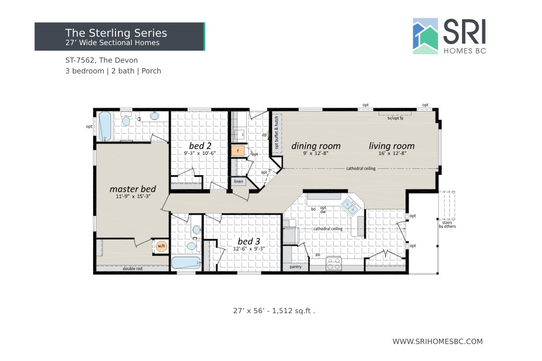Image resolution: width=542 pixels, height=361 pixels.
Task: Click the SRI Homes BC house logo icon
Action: [425, 36]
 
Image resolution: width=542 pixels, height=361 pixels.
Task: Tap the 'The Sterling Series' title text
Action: [116, 33]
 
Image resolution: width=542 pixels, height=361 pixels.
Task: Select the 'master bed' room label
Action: [133, 189]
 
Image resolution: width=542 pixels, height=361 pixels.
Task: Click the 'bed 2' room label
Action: [200, 146]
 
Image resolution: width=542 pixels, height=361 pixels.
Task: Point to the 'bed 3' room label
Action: [248, 241]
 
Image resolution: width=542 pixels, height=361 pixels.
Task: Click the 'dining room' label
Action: [316, 146]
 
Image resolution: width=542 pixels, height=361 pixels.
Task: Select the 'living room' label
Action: [392, 146]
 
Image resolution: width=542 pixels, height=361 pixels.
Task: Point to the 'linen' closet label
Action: [238, 181]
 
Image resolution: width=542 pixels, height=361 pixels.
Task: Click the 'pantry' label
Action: [295, 267]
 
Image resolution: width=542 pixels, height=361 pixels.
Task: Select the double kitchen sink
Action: [350, 206]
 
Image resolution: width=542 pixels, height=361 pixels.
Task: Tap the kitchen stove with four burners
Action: [334, 264]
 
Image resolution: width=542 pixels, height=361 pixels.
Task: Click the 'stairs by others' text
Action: [447, 224]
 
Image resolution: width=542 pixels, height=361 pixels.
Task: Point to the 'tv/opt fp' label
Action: [395, 118]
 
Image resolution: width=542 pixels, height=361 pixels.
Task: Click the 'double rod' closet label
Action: [132, 268]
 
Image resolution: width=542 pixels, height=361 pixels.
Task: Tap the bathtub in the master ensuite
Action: [105, 125]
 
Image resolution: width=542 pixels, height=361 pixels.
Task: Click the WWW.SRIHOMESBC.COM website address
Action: [437, 342]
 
